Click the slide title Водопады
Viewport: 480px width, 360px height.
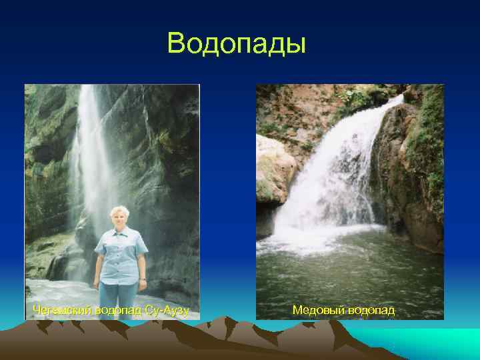pyautogui.click(x=237, y=43)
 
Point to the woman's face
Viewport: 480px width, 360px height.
pyautogui.click(x=121, y=219)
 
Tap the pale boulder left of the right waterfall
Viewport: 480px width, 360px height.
pyautogui.click(x=273, y=167)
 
